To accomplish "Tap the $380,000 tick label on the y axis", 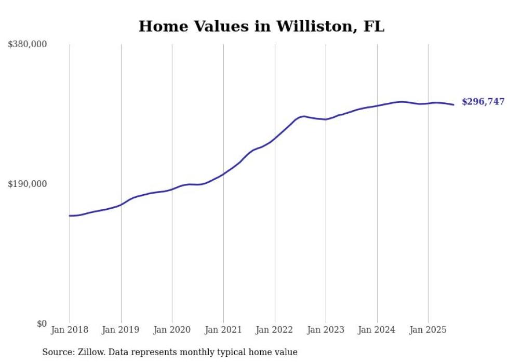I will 28,44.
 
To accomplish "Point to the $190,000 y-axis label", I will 28,184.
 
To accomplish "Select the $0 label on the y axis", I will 42,324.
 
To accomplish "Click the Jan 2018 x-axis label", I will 70,330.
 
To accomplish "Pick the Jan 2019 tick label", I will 121,330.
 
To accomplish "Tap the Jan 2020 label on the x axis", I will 172,330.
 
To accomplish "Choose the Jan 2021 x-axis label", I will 223,330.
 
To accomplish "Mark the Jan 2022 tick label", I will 275,330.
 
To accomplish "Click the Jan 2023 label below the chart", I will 326,330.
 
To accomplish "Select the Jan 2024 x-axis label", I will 377,330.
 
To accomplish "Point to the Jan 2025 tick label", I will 428,330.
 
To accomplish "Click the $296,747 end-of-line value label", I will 483,102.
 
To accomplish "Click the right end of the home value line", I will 454,105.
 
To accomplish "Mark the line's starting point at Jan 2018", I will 70,216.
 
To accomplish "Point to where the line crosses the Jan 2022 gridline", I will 275,138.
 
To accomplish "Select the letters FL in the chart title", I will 374,26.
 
